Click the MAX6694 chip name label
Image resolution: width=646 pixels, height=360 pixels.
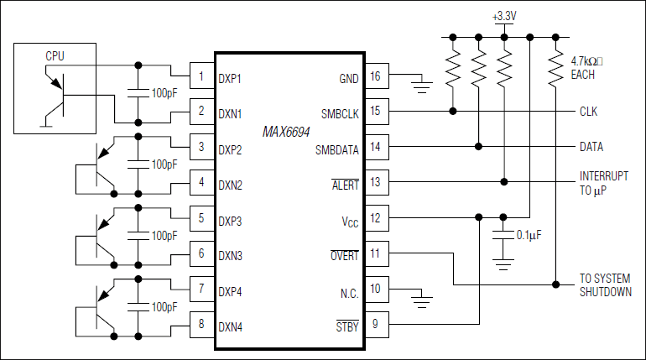coord(288,132)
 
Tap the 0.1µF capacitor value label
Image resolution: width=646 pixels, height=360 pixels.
coord(530,235)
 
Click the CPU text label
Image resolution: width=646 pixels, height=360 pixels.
coord(55,56)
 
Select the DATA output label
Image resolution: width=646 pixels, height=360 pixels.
coord(591,147)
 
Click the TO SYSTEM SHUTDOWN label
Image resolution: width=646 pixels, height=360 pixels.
coord(606,284)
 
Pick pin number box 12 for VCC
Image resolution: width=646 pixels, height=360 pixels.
coord(374,219)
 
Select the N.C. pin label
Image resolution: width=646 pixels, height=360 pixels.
coord(346,290)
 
